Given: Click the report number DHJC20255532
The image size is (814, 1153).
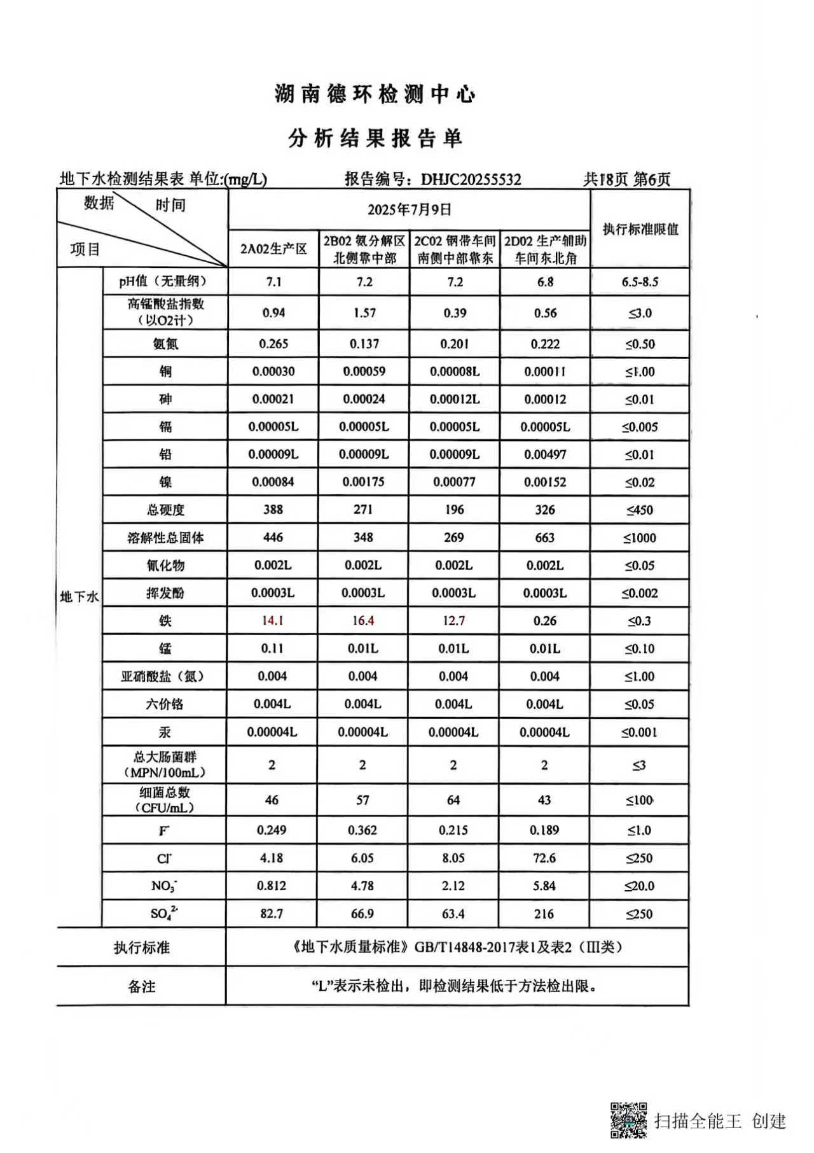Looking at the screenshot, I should [x=471, y=179].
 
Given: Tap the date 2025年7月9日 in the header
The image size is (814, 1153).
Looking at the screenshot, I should [x=409, y=209].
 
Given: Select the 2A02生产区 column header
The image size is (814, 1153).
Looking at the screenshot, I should [x=273, y=249].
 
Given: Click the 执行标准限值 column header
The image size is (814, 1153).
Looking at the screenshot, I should [x=640, y=229].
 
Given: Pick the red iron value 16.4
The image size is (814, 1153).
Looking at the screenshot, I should [x=363, y=620].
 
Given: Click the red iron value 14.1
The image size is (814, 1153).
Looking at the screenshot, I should [x=273, y=620].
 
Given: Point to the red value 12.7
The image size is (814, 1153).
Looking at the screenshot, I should [x=454, y=620].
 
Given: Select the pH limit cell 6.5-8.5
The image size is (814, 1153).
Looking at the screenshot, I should [x=640, y=282].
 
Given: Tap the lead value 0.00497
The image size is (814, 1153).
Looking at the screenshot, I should [x=545, y=454].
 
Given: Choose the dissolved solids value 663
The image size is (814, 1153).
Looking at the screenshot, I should [x=545, y=538].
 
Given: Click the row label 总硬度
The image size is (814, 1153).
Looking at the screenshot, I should [x=165, y=510].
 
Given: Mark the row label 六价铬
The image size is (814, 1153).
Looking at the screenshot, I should [x=165, y=704].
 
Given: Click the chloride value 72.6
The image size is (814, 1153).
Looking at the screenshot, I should [x=544, y=858].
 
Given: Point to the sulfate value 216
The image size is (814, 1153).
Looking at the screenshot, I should [x=544, y=914].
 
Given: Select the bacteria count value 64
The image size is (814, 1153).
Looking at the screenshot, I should [x=453, y=800].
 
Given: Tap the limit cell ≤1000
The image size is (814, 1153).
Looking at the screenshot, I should [x=640, y=538].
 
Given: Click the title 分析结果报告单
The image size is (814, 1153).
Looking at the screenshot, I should [x=375, y=139].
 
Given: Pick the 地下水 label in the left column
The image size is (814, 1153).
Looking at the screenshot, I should [x=79, y=597].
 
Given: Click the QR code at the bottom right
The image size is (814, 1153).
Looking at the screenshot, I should [x=629, y=1119].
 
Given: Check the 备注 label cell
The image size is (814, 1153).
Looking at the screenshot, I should [x=141, y=986].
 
